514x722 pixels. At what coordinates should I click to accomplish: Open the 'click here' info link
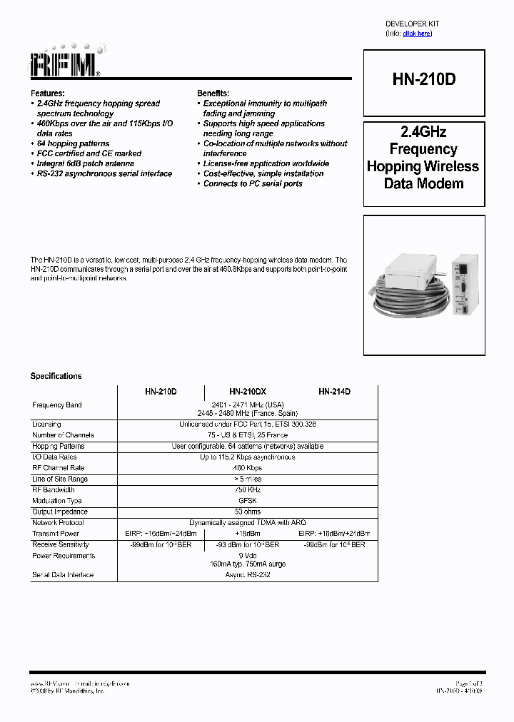416,34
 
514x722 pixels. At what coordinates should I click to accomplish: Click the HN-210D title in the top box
423,80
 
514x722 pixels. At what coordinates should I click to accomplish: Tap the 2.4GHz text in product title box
423,132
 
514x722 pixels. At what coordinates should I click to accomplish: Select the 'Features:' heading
47,93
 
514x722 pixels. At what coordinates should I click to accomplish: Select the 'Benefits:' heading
213,93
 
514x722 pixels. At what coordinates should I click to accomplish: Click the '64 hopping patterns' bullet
73,143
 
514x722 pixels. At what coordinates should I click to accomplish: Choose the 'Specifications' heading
56,376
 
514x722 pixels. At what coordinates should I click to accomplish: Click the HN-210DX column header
248,392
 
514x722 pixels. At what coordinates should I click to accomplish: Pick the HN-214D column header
334,392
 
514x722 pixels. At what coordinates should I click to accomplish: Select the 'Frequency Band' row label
57,405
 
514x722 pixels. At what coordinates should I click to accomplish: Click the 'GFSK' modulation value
248,501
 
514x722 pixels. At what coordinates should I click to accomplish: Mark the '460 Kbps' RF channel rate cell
248,468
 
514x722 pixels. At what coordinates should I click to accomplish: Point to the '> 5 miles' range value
248,479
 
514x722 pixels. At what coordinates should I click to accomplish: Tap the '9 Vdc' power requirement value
248,556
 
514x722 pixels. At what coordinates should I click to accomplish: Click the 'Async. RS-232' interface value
248,575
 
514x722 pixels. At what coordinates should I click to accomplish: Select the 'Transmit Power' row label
56,534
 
